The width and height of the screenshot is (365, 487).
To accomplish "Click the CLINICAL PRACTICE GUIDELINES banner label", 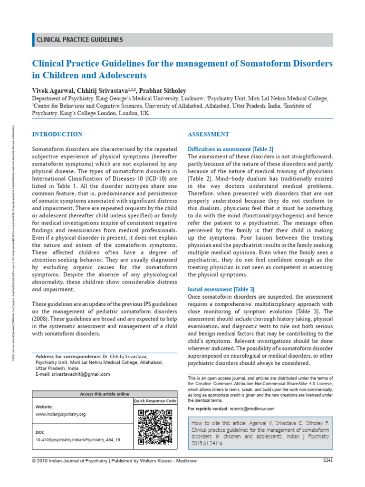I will point(80,40).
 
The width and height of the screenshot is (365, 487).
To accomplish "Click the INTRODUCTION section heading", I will point(57,134).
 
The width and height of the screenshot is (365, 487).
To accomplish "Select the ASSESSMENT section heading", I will point(209,134).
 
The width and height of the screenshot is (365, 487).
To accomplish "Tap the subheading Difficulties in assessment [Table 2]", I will point(231,149).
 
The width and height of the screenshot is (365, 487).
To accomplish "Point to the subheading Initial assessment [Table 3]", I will point(221,289).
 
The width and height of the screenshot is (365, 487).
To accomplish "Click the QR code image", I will point(154,427).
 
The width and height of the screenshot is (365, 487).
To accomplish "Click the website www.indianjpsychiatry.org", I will point(60,414).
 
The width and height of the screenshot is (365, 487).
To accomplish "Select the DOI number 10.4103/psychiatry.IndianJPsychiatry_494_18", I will point(78,440).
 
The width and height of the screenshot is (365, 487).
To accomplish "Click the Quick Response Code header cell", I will point(155,401).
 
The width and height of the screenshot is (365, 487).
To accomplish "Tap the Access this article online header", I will point(105,394).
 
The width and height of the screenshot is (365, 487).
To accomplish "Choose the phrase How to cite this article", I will point(218,422).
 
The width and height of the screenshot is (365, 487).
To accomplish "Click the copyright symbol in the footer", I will point(34,461).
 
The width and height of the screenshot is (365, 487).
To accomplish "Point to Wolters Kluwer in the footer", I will point(167,461).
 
